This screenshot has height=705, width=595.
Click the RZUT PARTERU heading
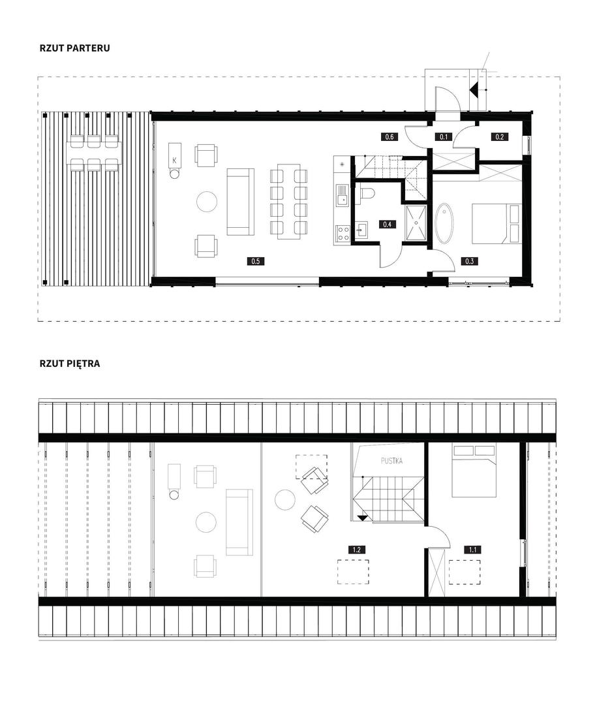click(74, 48)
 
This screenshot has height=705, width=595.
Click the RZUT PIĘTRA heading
click(70, 364)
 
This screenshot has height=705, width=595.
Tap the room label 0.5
click(255, 260)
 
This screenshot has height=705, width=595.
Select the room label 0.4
click(387, 224)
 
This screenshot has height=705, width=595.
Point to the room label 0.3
click(470, 260)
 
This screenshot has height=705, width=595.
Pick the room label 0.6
click(389, 136)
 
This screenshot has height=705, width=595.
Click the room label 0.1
click(444, 136)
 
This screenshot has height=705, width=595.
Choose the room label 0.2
click(500, 136)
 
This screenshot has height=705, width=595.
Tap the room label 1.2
click(356, 550)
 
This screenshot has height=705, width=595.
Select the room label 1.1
click(473, 550)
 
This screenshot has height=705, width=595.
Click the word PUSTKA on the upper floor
click(391, 461)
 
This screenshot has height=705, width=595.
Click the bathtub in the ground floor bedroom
click(444, 223)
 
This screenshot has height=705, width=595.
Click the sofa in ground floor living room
click(241, 202)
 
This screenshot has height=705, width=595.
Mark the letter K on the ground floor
click(174, 160)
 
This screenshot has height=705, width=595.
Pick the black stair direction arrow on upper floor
click(363, 518)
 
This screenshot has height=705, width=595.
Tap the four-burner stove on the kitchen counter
click(343, 233)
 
